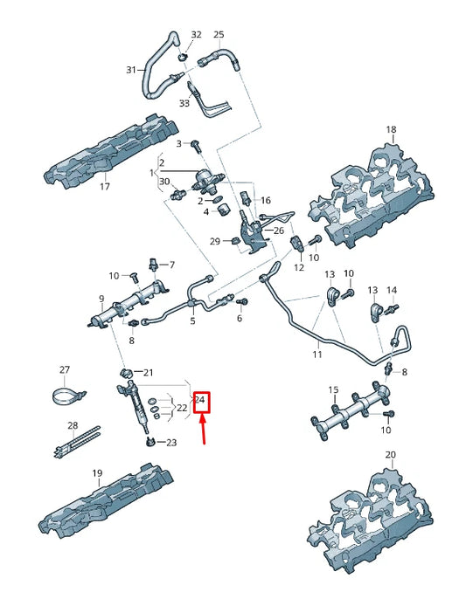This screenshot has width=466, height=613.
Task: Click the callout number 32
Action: pos(196,35)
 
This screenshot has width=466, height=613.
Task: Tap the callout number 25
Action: pos(219,35)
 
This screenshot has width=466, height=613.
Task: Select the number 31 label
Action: pos(131,70)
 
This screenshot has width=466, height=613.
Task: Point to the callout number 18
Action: pos(391,128)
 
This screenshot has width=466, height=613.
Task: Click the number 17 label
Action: pos(104,186)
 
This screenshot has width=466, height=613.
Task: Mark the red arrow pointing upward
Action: pos(204,430)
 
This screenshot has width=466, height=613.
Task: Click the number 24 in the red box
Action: pos(202,401)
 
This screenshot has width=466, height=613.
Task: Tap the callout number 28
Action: pos(73,425)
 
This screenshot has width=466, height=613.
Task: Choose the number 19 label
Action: pos(98,472)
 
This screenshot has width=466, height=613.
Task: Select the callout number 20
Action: pos(390,455)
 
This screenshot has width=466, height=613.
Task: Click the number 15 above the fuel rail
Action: pos(333,389)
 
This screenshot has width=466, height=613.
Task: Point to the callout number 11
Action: pos(317,355)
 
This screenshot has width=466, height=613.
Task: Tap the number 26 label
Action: pos(279,231)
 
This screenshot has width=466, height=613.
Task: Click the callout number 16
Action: pos(266,200)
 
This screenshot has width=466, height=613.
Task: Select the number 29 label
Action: pos(214,241)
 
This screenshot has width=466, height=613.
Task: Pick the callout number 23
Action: pos(170,443)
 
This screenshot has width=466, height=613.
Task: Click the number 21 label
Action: pos(148,373)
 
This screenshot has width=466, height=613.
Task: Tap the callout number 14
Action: pos(392,289)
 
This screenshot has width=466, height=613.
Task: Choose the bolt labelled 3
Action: pos(198,145)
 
